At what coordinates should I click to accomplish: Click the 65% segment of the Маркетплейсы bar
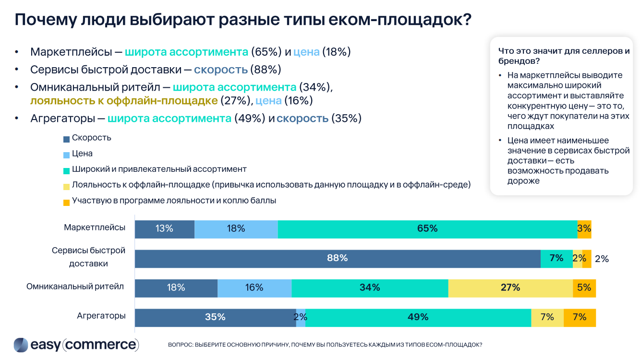[x=427, y=229]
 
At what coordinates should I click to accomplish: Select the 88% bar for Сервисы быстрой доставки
[x=337, y=258]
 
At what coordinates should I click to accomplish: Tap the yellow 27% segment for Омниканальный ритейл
[x=510, y=288]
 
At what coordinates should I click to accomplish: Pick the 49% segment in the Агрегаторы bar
[x=418, y=317]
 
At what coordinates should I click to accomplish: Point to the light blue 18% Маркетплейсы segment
[x=236, y=229]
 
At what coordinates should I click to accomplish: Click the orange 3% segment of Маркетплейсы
[x=584, y=229]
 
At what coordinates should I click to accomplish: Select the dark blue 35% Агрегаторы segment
[x=215, y=317]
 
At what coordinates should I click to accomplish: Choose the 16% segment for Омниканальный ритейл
[x=254, y=288]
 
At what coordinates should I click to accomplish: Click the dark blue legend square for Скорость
[x=66, y=139]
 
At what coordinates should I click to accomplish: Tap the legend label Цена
[x=82, y=154]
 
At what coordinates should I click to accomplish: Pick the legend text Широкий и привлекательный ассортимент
[x=159, y=169]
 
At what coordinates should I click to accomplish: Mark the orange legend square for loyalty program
[x=66, y=202]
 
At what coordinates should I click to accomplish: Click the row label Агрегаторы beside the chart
[x=101, y=316]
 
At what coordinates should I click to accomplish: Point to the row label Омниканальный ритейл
[x=75, y=287]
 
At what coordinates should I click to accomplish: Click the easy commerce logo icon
[x=21, y=345]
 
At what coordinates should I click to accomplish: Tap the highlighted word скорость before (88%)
[x=220, y=70]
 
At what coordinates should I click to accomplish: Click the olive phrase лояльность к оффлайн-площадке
[x=124, y=101]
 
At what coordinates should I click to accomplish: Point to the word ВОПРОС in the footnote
[x=180, y=345]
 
